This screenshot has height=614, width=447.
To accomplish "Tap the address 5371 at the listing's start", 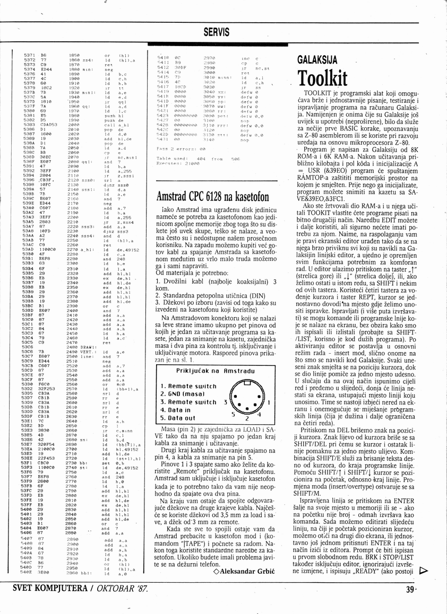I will click(30, 55).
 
